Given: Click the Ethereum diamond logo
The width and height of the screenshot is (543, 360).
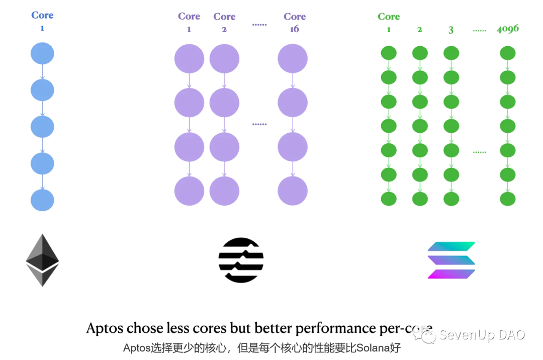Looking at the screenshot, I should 42,260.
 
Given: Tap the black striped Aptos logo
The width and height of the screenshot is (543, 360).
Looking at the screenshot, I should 241,260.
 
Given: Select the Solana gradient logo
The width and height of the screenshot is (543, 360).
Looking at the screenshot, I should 451,260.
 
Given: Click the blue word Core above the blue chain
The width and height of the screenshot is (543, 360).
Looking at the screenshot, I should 42,15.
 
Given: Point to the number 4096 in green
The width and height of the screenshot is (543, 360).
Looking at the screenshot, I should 507,29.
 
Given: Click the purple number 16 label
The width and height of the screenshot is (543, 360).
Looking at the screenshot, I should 294,29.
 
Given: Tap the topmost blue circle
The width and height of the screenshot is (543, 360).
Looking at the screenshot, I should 42,53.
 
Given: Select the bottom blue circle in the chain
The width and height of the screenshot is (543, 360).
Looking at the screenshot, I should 42,200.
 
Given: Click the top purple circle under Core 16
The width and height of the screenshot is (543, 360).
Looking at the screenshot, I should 293,59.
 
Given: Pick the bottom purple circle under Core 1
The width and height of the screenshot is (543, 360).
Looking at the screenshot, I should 189,191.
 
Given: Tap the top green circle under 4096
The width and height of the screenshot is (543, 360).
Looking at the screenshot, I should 507,53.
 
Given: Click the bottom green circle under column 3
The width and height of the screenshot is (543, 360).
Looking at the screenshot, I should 451,199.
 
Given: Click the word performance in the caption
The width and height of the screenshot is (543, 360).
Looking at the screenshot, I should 335,328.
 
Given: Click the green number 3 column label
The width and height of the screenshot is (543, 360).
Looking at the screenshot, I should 451,30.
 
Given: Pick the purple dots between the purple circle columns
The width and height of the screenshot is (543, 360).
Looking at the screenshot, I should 259,124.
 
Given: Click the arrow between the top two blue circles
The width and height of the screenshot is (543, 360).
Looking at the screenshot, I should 42,71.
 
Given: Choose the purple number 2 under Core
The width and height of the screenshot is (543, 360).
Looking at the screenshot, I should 224,29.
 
